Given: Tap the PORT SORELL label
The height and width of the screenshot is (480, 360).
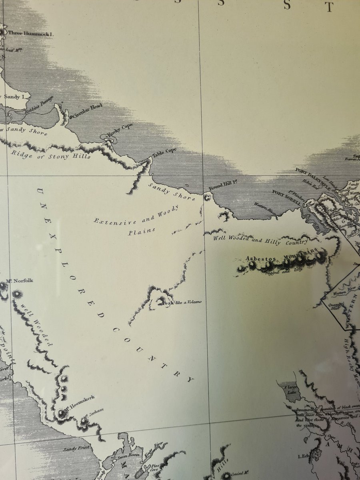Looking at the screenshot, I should (287, 197).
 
